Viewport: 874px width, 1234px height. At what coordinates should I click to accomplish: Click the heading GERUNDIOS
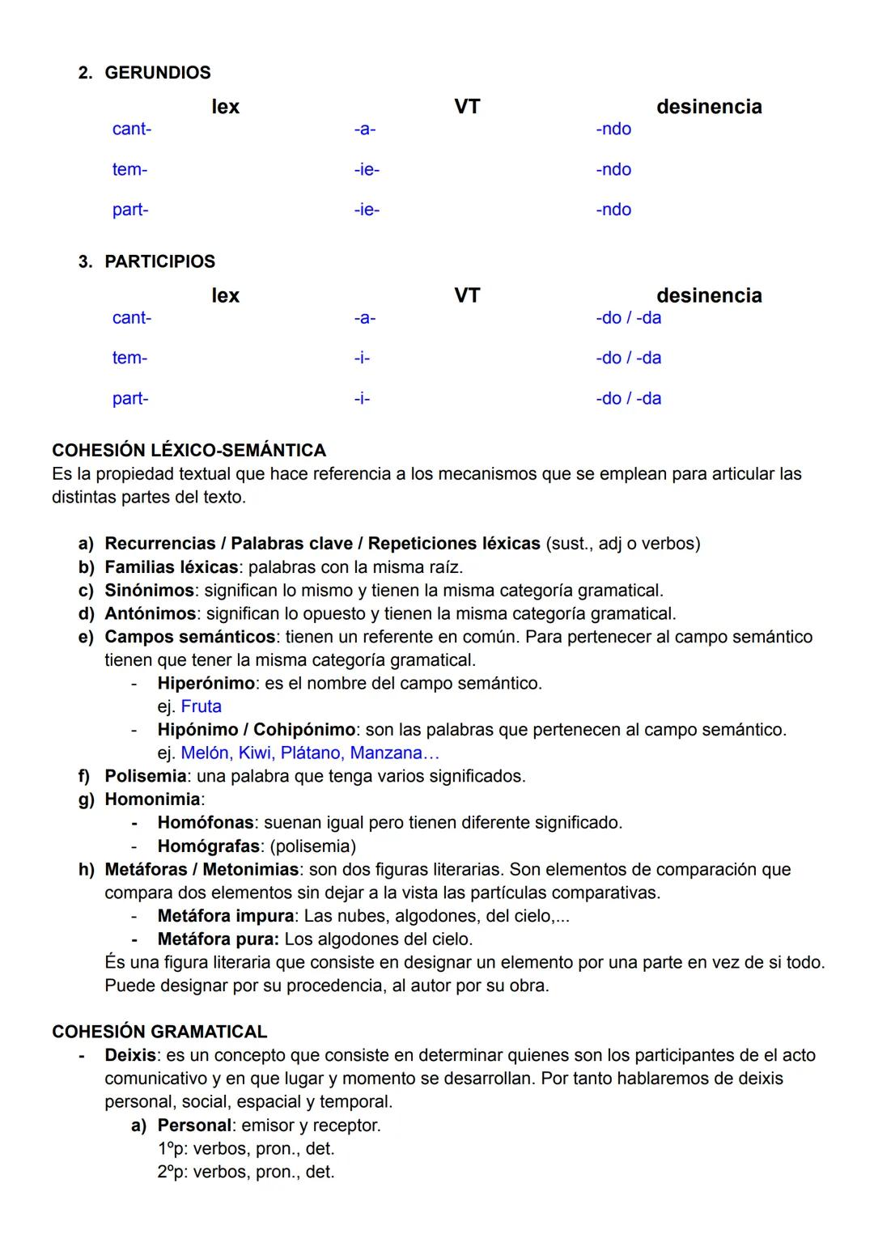pos(157,73)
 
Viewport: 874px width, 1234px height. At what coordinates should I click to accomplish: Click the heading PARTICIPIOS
pos(159,261)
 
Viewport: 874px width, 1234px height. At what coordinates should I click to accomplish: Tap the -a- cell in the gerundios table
pos(364,129)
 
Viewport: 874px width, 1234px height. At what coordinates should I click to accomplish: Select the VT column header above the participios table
pos(467,295)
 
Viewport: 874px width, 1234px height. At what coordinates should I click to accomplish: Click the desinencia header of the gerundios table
pos(709,107)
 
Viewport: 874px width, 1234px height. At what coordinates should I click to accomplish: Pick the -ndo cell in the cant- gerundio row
pos(613,129)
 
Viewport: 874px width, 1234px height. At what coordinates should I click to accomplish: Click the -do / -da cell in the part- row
pos(628,398)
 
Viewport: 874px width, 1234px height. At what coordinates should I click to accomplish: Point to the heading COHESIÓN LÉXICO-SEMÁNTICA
pos(189,450)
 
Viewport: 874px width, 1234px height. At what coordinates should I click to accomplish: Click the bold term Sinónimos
pos(149,591)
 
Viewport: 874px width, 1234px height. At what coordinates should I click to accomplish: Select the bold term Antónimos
pos(150,614)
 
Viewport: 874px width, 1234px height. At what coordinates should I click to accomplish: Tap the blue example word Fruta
pos(201,706)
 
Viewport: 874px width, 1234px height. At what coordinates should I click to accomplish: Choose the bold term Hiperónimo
pos(206,683)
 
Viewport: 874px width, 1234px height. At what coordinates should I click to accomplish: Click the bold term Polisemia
pos(145,776)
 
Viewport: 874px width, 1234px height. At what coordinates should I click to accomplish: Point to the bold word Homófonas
pos(206,823)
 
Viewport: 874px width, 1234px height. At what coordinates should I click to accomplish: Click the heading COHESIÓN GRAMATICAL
pos(159,1032)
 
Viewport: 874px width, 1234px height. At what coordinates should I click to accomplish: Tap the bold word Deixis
pos(130,1055)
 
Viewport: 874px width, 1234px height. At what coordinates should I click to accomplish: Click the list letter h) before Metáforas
pos(86,870)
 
